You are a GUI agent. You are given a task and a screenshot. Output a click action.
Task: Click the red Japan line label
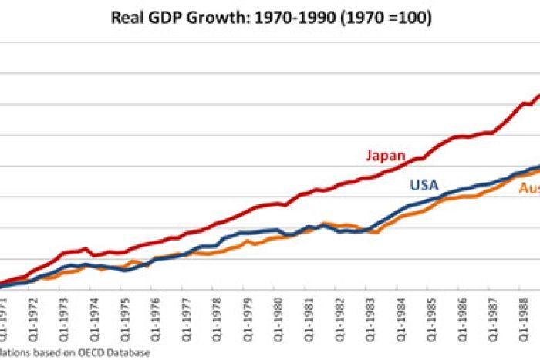coord(385,155)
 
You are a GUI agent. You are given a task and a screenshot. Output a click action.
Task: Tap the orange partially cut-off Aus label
coord(528,190)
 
